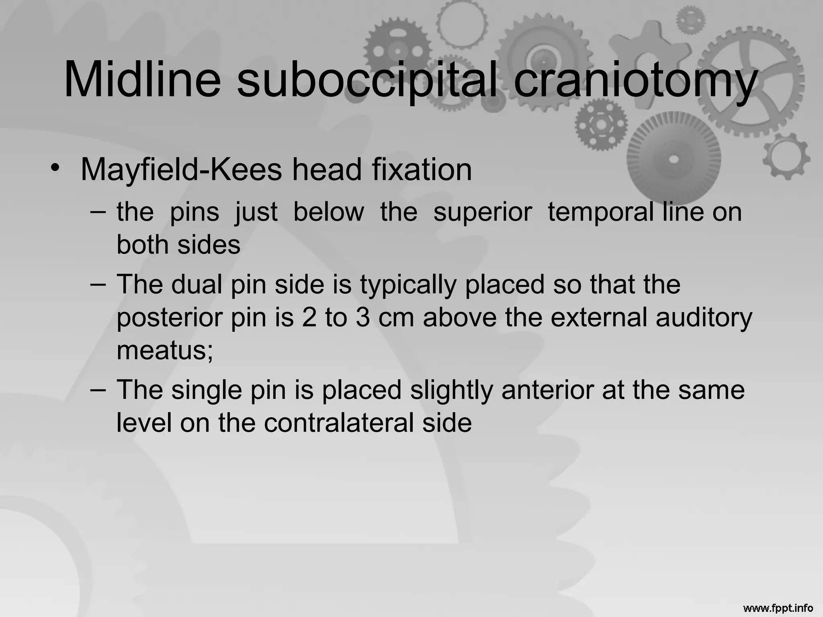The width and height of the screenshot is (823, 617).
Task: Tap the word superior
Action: [483, 212]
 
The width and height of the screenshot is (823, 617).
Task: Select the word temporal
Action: [600, 212]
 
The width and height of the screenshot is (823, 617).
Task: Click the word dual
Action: [197, 284]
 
